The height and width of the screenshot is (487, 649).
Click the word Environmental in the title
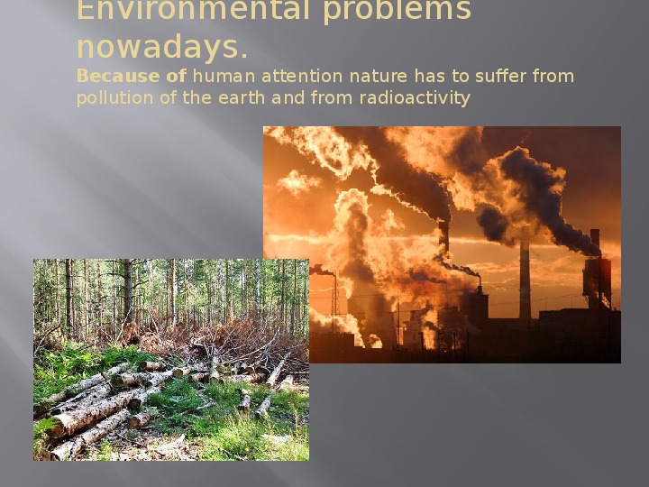(x=193, y=10)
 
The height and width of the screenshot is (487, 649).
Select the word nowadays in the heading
(x=158, y=47)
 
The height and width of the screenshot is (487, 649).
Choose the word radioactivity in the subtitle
(x=415, y=98)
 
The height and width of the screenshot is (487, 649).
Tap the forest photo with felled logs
(x=171, y=360)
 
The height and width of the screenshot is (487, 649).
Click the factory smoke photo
(x=442, y=244)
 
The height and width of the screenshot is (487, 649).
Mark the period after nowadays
(x=243, y=56)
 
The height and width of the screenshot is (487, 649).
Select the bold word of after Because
(x=177, y=76)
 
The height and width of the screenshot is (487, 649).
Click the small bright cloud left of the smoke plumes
(x=298, y=182)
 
